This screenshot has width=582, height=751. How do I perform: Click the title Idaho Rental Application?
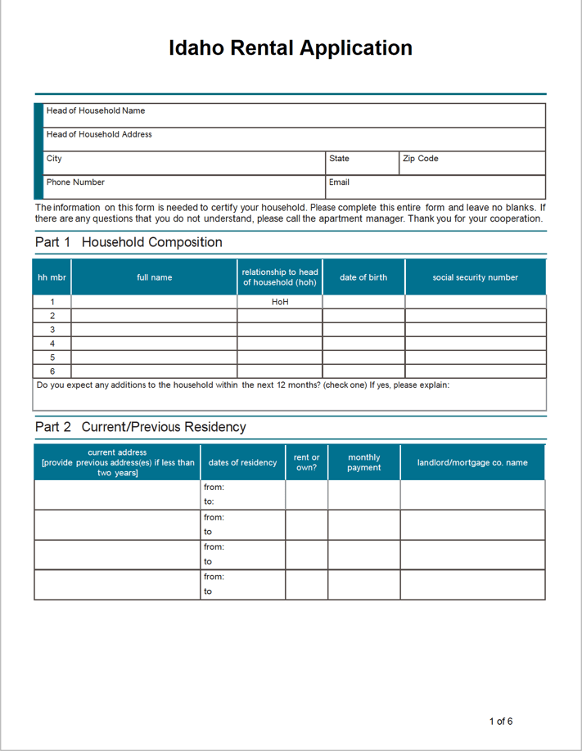291,48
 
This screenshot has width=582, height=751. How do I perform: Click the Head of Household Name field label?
96,110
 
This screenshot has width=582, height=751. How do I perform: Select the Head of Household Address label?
99,134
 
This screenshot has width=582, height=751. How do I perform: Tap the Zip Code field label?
420,159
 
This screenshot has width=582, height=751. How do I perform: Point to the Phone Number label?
75,182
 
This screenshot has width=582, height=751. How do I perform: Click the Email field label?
339,182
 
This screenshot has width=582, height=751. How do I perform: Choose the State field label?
339,159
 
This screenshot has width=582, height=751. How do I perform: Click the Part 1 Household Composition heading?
129,242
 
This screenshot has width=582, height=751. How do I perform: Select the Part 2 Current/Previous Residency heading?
140,427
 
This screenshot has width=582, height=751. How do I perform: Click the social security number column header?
475,277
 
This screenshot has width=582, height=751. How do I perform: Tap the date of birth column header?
363,277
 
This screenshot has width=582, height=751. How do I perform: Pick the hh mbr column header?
52,277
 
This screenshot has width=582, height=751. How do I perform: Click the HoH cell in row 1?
280,302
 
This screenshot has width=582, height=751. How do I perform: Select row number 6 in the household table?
52,371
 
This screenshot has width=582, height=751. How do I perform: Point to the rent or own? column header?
306,462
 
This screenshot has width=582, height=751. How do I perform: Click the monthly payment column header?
363,462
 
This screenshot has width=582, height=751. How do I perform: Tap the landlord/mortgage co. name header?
472,462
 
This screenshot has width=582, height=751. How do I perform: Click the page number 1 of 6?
501,721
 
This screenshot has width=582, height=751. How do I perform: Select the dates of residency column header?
242,462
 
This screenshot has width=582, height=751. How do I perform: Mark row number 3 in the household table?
52,330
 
